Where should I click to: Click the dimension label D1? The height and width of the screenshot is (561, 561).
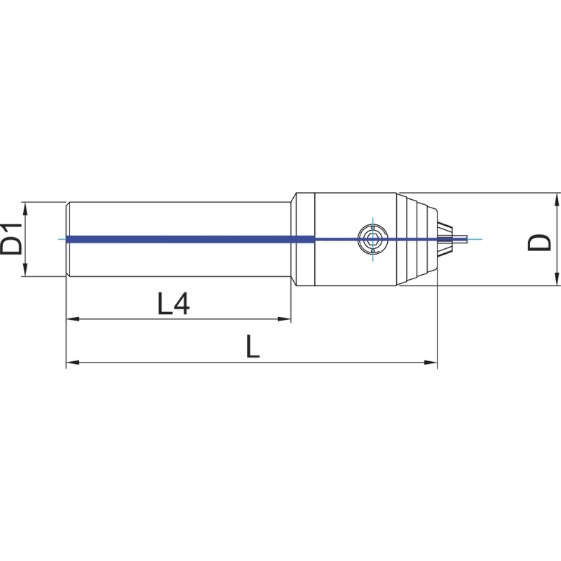click(x=13, y=240)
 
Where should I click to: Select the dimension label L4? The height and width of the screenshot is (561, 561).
click(x=173, y=304)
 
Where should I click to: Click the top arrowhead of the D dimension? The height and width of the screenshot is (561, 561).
click(x=556, y=196)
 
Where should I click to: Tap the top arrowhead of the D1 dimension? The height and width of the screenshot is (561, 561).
click(x=25, y=206)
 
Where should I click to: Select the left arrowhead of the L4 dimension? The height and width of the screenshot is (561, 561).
click(x=71, y=319)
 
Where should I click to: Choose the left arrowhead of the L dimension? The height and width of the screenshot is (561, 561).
click(x=71, y=363)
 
